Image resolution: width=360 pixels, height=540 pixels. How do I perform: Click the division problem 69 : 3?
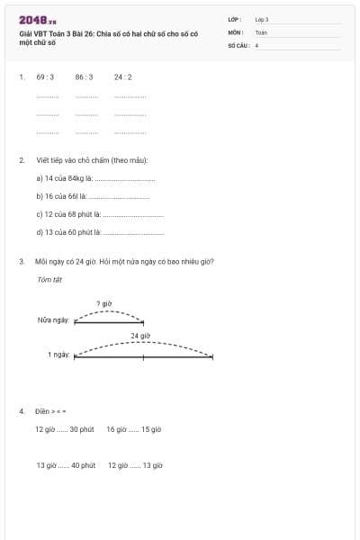point(45,77)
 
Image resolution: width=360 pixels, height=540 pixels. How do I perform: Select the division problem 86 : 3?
point(84,77)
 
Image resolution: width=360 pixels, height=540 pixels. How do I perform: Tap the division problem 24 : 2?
point(123,77)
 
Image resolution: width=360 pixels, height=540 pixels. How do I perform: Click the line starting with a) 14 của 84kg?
point(95,178)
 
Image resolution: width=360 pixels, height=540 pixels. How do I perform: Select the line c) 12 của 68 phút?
point(99,214)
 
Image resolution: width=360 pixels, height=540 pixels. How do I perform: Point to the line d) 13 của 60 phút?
point(100,232)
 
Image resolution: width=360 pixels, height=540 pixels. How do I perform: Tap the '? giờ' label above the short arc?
point(104,304)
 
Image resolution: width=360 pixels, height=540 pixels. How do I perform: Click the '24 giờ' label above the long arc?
point(139,336)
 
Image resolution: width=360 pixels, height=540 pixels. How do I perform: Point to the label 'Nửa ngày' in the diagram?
point(53,320)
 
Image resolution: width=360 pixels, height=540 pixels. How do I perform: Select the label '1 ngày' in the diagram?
point(58,355)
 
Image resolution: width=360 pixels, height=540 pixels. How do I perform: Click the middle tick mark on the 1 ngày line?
point(143,356)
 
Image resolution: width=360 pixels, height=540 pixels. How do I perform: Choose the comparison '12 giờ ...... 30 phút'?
point(65,429)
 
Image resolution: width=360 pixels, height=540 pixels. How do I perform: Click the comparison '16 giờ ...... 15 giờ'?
point(133,429)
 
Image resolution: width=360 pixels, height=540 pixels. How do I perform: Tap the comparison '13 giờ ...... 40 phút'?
point(66,465)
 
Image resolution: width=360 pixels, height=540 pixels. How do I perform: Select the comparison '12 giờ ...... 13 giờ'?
point(135,465)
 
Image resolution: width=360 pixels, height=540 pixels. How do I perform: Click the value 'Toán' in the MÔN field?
point(261,31)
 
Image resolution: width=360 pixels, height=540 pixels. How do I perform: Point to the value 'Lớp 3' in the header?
point(262,19)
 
